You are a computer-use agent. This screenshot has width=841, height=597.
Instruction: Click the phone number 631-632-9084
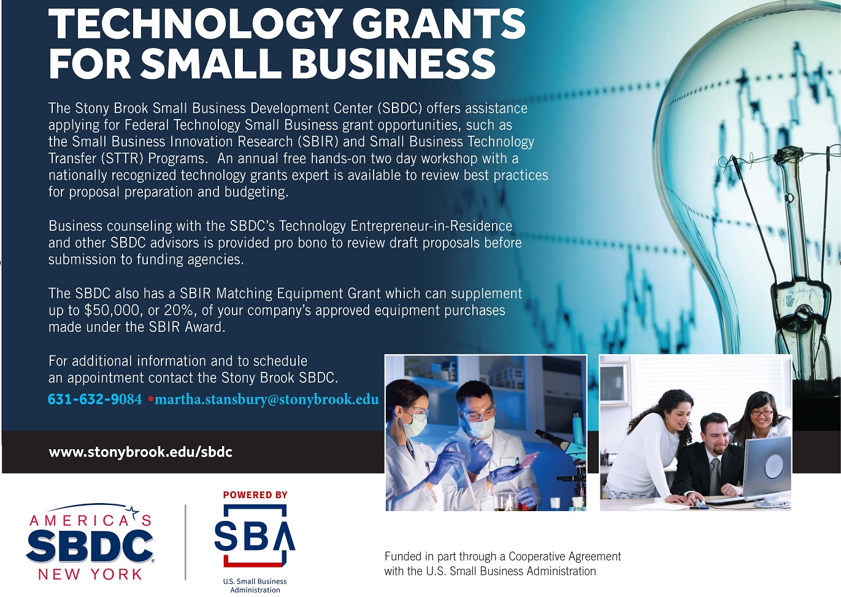pyautogui.click(x=94, y=399)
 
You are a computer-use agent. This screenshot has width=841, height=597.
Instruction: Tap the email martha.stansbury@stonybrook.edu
pyautogui.click(x=267, y=399)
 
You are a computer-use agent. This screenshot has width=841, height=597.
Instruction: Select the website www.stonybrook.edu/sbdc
pyautogui.click(x=140, y=452)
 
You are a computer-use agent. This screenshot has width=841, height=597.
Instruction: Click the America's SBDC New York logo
pyautogui.click(x=90, y=542)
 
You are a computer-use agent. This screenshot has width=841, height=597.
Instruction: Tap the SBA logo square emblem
pyautogui.click(x=255, y=535)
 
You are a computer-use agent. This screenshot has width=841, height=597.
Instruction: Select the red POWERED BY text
pyautogui.click(x=255, y=495)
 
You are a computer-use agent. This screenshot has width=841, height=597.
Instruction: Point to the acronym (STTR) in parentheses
pyautogui.click(x=122, y=159)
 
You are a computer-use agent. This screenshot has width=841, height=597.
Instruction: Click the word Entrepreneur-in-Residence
pyautogui.click(x=431, y=226)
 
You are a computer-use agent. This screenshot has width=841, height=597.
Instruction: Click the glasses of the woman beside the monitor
pyautogui.click(x=761, y=413)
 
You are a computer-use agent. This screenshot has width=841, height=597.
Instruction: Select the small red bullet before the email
pyautogui.click(x=150, y=399)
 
